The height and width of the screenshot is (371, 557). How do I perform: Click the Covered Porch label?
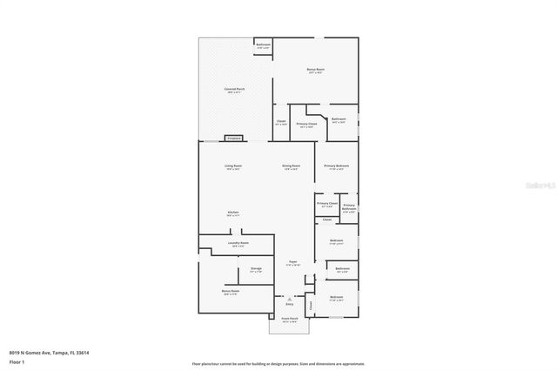point(234,90)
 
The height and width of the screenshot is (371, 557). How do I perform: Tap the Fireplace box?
point(233,138)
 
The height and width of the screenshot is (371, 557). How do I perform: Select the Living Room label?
point(233,166)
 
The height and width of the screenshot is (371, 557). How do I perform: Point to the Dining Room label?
point(291,166)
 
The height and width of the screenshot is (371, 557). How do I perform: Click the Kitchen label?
point(233,212)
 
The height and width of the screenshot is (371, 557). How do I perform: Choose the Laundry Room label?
point(238,244)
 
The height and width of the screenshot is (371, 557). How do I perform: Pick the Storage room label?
point(256,270)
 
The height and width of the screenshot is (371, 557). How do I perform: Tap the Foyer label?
point(293,261)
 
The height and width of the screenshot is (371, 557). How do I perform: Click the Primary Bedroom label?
point(337,166)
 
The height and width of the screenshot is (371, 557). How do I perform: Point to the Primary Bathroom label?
point(348,207)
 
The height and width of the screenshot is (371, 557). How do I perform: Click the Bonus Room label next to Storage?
point(230,293)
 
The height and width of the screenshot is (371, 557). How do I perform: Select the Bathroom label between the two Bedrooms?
point(343,270)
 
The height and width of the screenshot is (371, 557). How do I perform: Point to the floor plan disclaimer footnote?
point(278,364)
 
